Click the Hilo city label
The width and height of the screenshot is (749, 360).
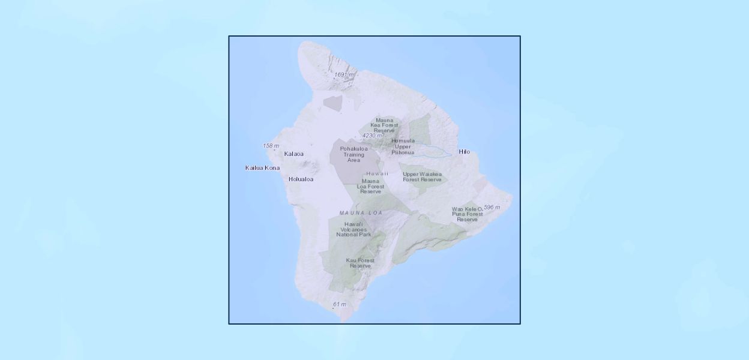464,152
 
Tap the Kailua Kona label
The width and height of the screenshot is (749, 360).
262,167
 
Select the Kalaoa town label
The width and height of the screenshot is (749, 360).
293,154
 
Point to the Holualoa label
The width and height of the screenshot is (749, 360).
301,179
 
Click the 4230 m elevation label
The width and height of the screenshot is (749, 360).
372,136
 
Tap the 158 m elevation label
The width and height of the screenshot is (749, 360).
271,146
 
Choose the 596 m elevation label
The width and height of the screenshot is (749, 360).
492,207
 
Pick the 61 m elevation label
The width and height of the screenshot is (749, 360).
340,304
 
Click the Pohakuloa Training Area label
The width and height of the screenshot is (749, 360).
353,154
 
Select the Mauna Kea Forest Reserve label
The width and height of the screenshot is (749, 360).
385,125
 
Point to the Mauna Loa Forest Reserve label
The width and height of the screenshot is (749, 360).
370,186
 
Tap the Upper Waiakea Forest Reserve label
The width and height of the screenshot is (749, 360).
422,177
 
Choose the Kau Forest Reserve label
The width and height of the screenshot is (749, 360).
360,263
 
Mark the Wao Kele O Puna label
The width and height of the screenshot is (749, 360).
467,214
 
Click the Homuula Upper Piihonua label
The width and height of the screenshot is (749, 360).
403,146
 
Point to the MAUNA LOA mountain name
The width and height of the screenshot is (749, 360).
361,213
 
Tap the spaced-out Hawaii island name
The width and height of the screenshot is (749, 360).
378,173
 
